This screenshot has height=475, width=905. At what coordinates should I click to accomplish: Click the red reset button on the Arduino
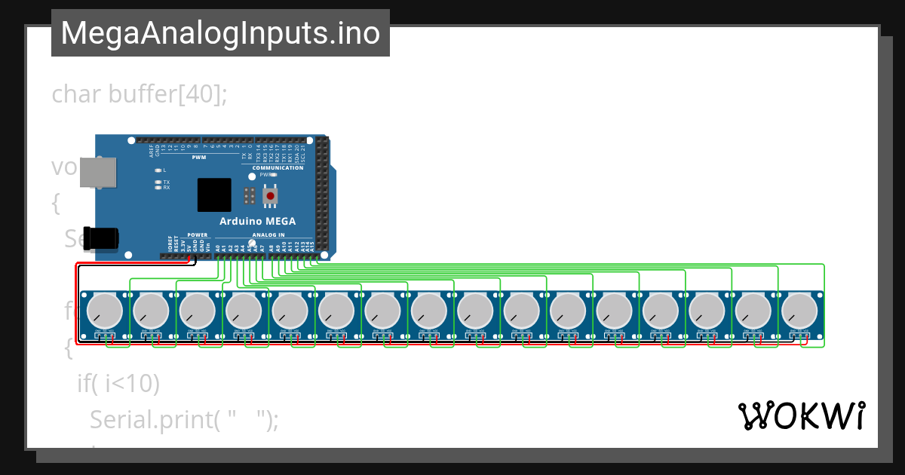click(x=270, y=196)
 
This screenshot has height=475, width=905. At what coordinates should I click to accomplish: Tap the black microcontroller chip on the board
click(x=214, y=195)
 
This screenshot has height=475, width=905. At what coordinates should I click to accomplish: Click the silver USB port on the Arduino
click(x=99, y=173)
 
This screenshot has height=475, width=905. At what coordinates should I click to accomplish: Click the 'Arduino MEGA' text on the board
click(x=257, y=221)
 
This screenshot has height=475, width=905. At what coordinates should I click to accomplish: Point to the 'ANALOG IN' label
click(x=268, y=235)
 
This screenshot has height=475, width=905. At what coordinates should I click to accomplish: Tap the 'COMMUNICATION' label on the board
click(x=278, y=167)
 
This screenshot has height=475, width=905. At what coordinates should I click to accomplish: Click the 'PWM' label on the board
click(x=198, y=158)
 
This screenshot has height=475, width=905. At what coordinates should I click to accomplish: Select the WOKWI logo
click(x=801, y=415)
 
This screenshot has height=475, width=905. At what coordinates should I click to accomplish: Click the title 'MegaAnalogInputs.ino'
click(x=220, y=33)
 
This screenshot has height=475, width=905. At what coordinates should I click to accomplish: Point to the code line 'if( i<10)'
click(x=118, y=384)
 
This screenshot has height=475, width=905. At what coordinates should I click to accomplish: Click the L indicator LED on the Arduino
click(x=157, y=170)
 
